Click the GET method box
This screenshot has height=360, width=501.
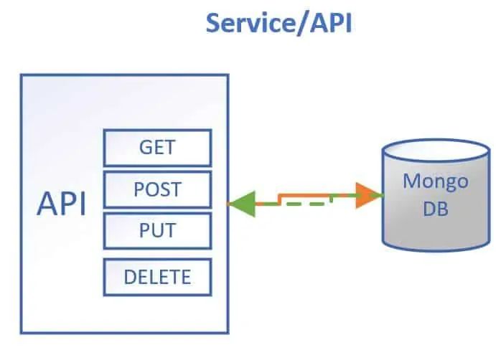coord(157,148)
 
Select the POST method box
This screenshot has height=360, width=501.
coord(157,190)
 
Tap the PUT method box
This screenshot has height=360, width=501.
coord(157,232)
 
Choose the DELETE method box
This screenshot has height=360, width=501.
coord(157,277)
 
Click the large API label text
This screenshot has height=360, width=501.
coord(62,204)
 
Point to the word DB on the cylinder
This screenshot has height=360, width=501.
coord(435,210)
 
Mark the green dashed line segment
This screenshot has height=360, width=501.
coord(294,204)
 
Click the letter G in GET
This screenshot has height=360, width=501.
coord(144,148)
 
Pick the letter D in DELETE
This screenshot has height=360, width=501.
coord(128,277)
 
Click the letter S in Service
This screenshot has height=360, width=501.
coord(215,23)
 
